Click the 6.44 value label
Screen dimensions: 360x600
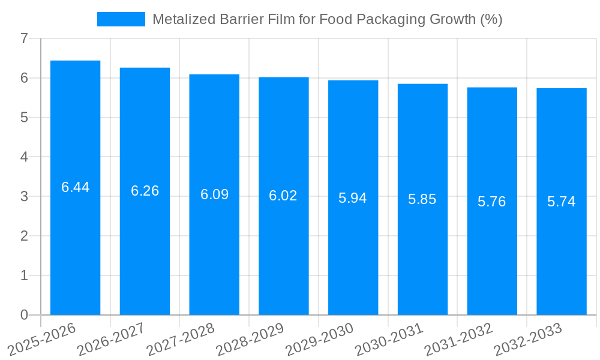tap(76, 187)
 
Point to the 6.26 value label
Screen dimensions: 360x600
tap(145, 191)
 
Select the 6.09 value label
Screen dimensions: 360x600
tap(214, 194)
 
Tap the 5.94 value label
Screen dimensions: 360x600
tap(353, 198)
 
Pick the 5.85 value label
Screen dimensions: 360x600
tap(422, 199)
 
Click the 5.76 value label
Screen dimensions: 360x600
tap(492, 202)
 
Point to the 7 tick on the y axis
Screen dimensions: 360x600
tap(24, 38)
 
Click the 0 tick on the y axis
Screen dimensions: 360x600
tap(24, 315)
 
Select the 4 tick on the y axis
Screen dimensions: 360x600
tap(24, 157)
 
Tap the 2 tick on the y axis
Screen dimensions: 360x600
tap(24, 236)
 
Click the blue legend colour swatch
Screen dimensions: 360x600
tap(121, 19)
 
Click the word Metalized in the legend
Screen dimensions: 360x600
tap(181, 19)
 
